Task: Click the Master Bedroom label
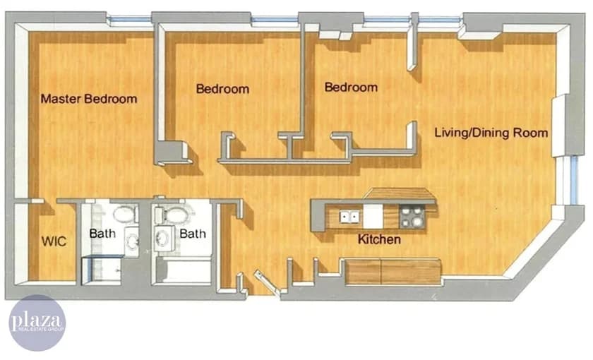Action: click(x=88, y=99)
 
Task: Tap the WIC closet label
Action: click(x=54, y=241)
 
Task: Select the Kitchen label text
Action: click(x=379, y=240)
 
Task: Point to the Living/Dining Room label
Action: click(x=491, y=132)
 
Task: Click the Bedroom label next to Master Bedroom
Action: click(x=222, y=89)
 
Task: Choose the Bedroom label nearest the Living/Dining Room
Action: click(x=351, y=88)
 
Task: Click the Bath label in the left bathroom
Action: click(x=102, y=233)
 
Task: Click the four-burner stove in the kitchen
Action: click(x=412, y=216)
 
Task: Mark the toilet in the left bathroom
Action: click(x=125, y=213)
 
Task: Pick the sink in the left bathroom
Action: click(x=132, y=241)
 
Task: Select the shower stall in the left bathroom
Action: click(x=102, y=270)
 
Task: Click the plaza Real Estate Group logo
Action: click(x=37, y=323)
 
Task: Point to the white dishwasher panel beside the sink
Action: click(x=373, y=216)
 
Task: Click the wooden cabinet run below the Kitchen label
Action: click(x=393, y=271)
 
